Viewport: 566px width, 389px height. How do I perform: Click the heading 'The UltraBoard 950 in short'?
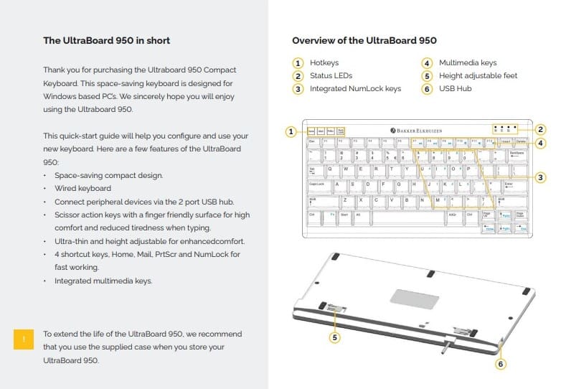[x=107, y=41]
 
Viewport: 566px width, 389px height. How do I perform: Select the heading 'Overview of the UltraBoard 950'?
[x=364, y=41]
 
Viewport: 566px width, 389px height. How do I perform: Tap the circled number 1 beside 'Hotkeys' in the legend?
[x=298, y=63]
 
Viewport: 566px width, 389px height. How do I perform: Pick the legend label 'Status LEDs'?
[x=331, y=76]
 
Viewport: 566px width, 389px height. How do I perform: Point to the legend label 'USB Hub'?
[x=456, y=89]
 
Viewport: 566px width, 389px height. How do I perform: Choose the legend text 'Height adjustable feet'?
[x=478, y=76]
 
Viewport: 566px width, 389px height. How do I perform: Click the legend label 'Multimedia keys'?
[x=468, y=63]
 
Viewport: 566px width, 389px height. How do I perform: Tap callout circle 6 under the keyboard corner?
[x=501, y=363]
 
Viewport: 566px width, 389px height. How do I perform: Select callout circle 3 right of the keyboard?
[x=541, y=177]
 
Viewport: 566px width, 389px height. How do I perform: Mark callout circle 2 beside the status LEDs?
[x=541, y=130]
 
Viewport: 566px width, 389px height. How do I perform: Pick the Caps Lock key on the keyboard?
[x=318, y=184]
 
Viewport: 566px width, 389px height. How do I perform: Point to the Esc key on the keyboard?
[x=313, y=142]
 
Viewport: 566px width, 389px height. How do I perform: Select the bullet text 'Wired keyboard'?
[x=82, y=188]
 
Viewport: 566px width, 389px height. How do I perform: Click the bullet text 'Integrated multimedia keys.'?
[x=103, y=281]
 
